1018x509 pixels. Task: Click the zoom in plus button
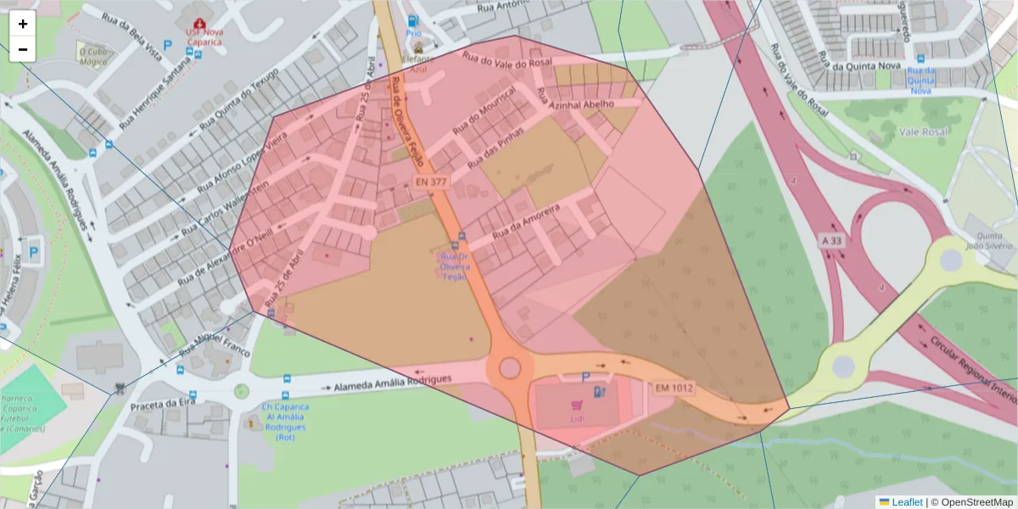[x=23, y=24]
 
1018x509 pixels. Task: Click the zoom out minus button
[x=23, y=49]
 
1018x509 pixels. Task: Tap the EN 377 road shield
[x=431, y=182]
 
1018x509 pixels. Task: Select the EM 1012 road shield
[x=674, y=389]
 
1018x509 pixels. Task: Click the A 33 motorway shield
[x=833, y=241]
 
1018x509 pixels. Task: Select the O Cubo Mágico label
[x=93, y=56]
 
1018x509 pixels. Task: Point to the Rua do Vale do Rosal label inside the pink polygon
[x=507, y=59]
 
